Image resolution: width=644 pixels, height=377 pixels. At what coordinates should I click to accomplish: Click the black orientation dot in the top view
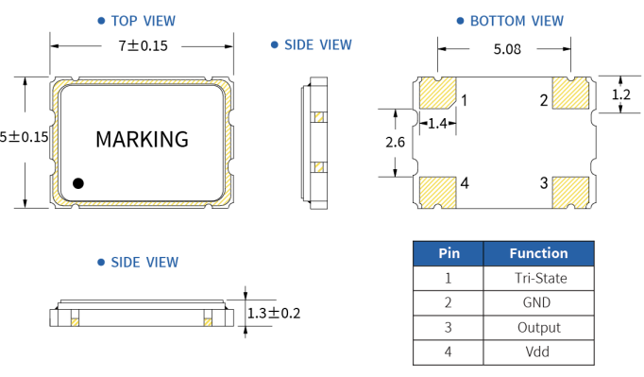[78, 183]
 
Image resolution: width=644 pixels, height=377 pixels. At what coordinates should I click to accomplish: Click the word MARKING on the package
[142, 140]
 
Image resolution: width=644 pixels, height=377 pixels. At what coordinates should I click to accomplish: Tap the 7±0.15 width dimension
[143, 45]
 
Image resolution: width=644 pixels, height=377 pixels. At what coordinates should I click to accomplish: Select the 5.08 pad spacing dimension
[507, 49]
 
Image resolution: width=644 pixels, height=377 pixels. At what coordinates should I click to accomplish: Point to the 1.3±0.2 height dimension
[274, 314]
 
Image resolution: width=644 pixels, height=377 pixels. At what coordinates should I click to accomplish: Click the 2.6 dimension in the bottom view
[395, 143]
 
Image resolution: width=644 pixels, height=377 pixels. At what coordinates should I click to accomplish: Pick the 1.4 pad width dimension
[437, 124]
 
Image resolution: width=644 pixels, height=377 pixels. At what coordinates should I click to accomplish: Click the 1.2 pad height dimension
[621, 95]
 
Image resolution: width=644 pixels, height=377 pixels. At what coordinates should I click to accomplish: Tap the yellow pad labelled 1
[437, 93]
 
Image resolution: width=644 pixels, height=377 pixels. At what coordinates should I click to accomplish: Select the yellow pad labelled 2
[571, 93]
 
